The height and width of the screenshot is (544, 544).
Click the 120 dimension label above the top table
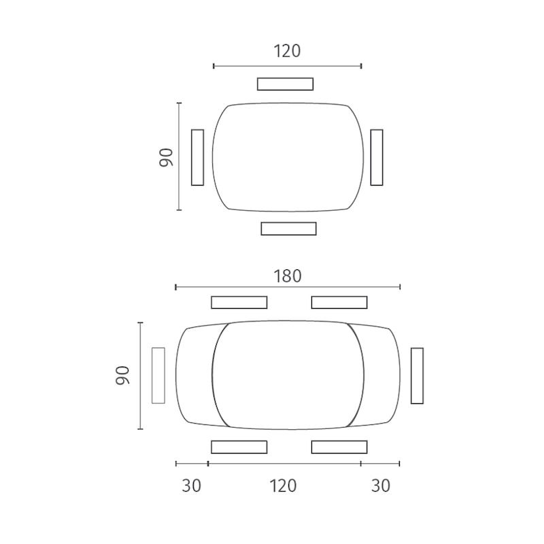pyautogui.click(x=287, y=51)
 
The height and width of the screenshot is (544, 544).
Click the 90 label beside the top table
pyautogui.click(x=166, y=158)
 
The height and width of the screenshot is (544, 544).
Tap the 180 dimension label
pyautogui.click(x=287, y=276)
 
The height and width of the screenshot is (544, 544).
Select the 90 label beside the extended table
pyautogui.click(x=122, y=375)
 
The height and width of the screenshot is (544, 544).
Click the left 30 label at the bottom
pyautogui.click(x=192, y=486)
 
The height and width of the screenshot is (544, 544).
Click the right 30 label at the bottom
pyautogui.click(x=381, y=486)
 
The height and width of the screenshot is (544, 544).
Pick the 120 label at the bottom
pyautogui.click(x=283, y=486)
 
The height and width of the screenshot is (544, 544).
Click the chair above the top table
pyautogui.click(x=285, y=84)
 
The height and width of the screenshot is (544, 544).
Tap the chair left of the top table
pyautogui.click(x=197, y=158)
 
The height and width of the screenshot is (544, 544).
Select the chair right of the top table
pyautogui.click(x=377, y=158)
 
